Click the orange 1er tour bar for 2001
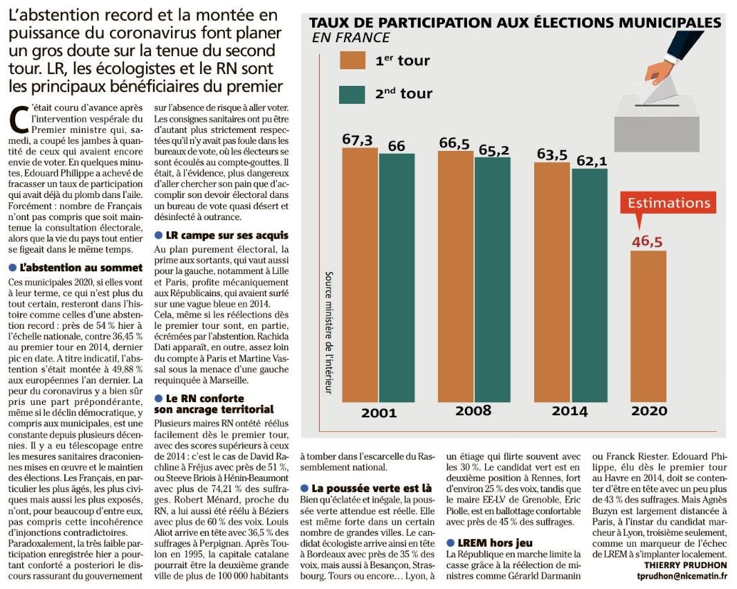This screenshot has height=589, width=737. point(360,275)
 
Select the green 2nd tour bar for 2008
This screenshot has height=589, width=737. point(492,280)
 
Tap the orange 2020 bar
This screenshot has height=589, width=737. point(648,326)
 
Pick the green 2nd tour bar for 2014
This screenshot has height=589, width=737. point(590,285)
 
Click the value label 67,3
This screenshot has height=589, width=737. point(357,140)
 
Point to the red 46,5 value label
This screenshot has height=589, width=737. point(647,242)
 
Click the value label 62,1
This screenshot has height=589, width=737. point(592,161)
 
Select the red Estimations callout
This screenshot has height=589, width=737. point(668,203)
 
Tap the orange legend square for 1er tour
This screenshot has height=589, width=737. point(352,61)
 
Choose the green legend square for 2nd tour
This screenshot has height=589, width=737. point(352,95)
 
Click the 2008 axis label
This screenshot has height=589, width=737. point(473,410)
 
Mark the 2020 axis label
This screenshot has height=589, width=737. point(649,410)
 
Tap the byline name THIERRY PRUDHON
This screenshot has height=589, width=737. point(685,565)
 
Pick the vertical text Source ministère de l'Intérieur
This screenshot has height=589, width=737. point(329,332)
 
